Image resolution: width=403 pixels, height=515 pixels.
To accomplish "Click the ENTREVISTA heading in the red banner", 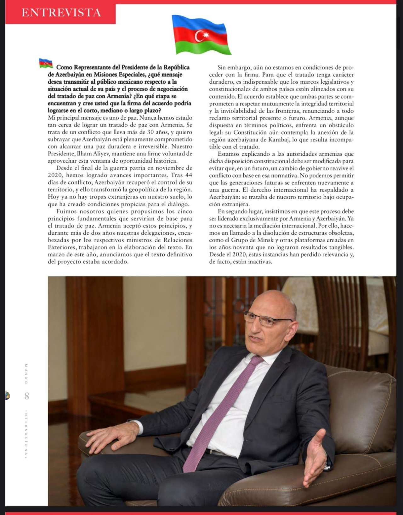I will click(x=61, y=13).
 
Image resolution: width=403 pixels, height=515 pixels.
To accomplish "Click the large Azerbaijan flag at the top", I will click(x=201, y=35).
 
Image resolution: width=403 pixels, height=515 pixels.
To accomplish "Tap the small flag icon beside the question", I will click(x=46, y=63).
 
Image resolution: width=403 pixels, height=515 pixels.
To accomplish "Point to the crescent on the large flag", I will click(x=200, y=36).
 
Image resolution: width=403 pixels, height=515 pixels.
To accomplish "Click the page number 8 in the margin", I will click(x=27, y=396).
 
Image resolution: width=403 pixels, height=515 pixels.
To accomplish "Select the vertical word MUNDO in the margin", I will click(x=26, y=374).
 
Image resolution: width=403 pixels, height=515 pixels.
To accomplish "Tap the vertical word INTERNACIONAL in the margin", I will click(x=26, y=434).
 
